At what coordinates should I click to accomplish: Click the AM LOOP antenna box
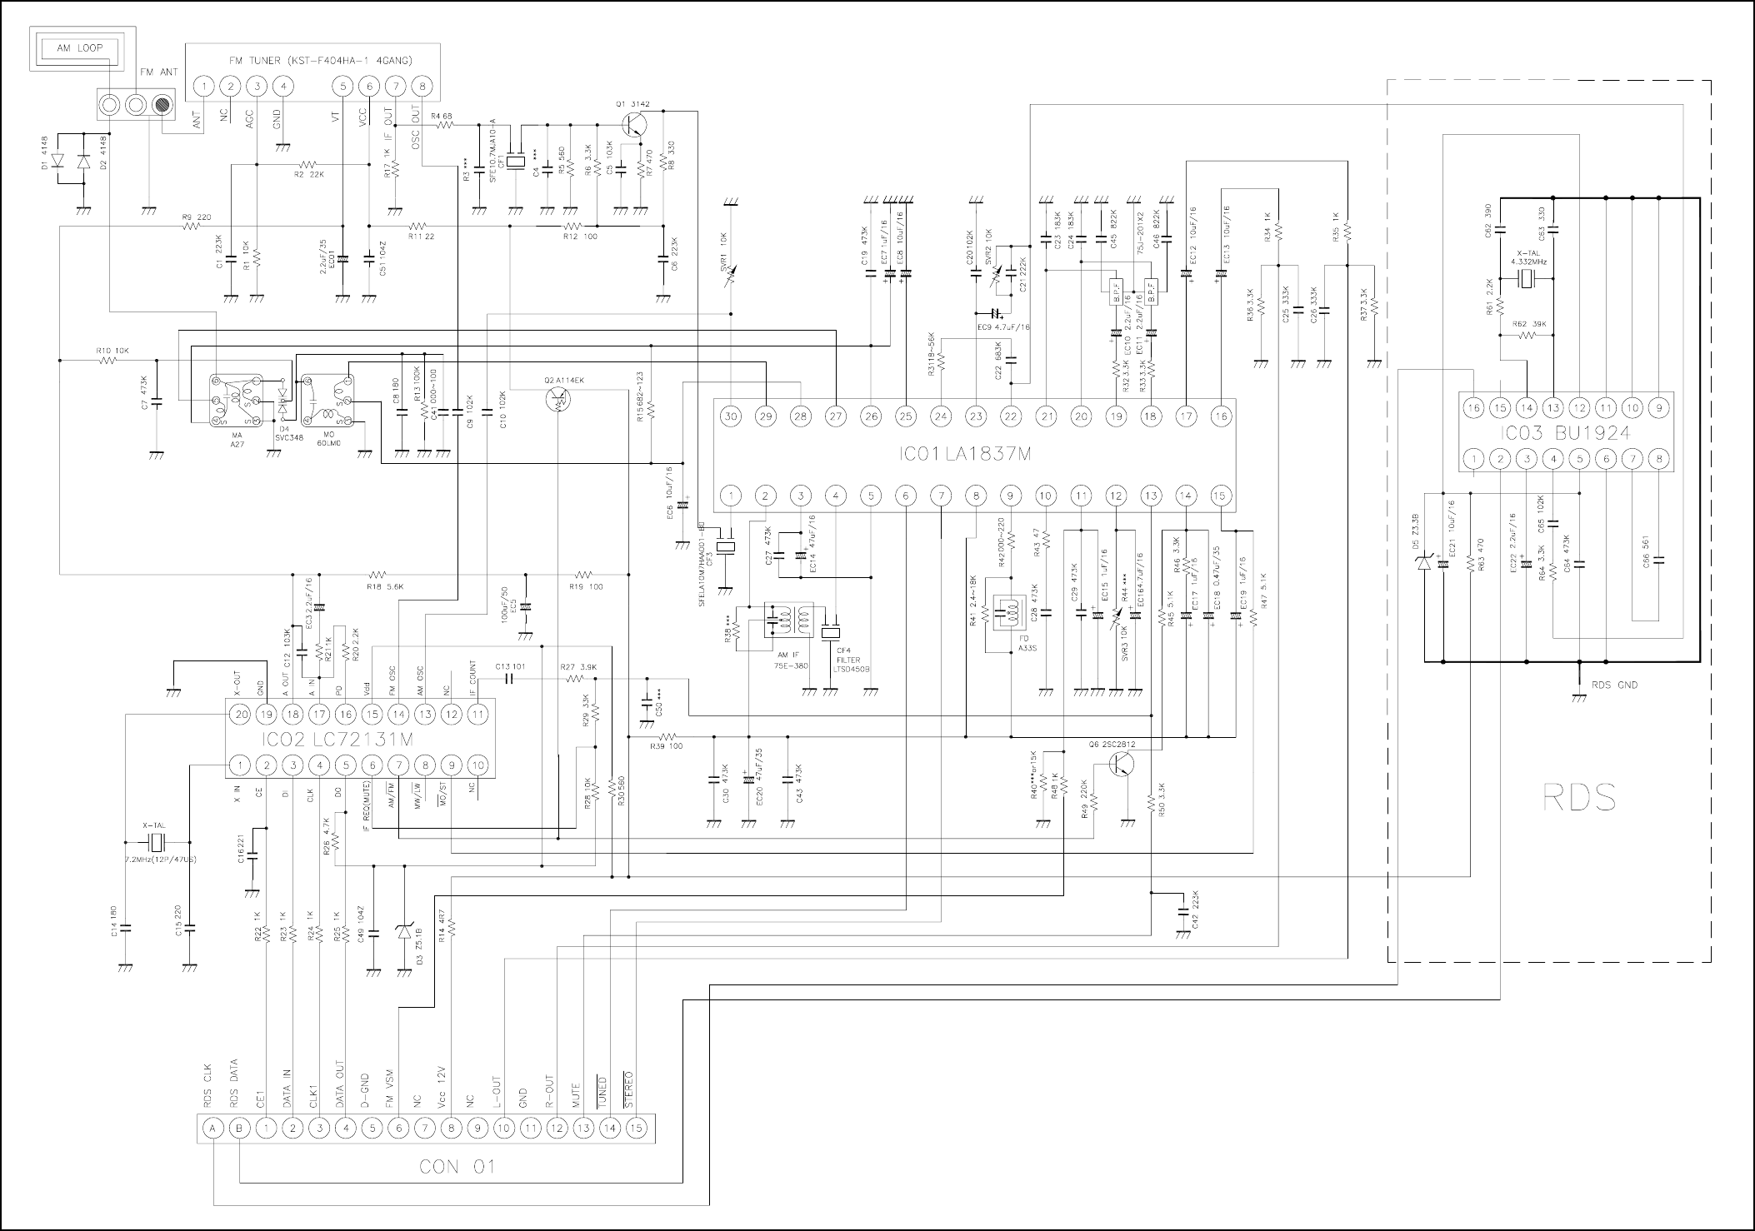[80, 48]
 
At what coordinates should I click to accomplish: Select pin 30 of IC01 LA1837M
[731, 416]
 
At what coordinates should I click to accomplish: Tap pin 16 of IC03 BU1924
[1474, 408]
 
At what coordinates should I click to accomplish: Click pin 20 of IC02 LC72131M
[240, 715]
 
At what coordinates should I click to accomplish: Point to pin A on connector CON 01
[213, 1129]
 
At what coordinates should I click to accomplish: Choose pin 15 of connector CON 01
[637, 1129]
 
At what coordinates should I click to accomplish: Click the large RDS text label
[1580, 798]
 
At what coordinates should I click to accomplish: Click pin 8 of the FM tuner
[423, 86]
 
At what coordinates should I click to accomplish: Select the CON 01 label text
[457, 1166]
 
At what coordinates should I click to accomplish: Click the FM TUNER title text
[320, 61]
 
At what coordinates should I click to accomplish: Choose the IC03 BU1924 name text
[1558, 433]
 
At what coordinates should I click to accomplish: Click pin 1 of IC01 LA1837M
[731, 496]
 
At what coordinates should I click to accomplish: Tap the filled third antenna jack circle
[162, 106]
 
